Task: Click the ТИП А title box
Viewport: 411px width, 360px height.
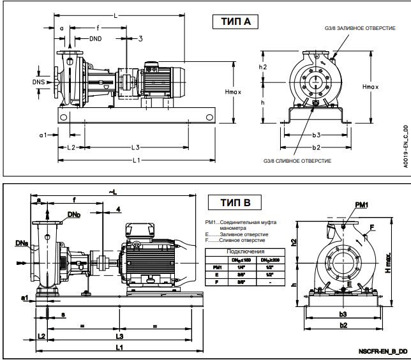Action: point(235,22)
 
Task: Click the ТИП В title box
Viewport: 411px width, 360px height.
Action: point(235,204)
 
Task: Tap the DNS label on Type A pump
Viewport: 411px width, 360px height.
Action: point(40,82)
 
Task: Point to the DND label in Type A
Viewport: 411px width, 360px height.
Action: point(95,39)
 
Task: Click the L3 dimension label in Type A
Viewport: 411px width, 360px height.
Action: point(136,147)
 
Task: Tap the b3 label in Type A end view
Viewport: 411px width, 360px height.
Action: point(316,135)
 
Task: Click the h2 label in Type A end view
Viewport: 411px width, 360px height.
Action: point(263,67)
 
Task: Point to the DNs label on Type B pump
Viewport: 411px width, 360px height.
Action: point(21,243)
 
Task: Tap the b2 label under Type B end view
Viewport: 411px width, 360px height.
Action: point(343,326)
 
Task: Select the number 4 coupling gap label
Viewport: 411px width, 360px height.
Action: point(118,209)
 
